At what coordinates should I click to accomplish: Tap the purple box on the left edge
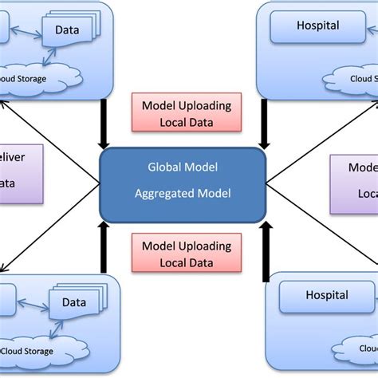[x=16, y=183]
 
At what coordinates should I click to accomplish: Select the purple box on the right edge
[x=355, y=183]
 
